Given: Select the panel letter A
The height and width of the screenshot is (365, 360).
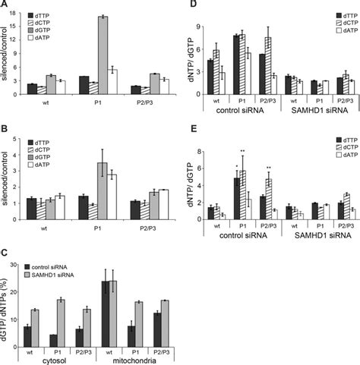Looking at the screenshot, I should point(5,6).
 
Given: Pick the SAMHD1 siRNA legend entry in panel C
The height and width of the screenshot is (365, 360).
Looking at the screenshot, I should point(64,272).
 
